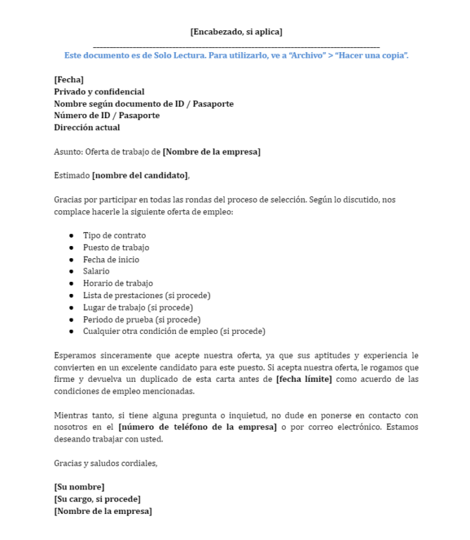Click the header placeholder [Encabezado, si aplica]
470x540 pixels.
(x=236, y=31)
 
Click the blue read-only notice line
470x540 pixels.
(x=236, y=55)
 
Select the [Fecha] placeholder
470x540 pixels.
(x=69, y=79)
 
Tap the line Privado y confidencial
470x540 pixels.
(x=99, y=91)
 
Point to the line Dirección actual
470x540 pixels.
(x=87, y=127)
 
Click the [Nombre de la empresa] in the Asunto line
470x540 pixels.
(x=212, y=152)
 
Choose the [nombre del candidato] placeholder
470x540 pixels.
(x=140, y=176)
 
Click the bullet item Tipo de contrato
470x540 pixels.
(x=114, y=236)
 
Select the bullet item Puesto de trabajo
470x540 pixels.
(x=116, y=247)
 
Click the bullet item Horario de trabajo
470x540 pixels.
(x=118, y=283)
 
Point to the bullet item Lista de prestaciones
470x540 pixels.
(x=146, y=295)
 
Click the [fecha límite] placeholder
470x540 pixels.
(x=304, y=380)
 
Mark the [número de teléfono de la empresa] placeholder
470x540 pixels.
(x=198, y=427)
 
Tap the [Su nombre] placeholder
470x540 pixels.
(x=79, y=487)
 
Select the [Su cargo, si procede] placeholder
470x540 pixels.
(x=102, y=499)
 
